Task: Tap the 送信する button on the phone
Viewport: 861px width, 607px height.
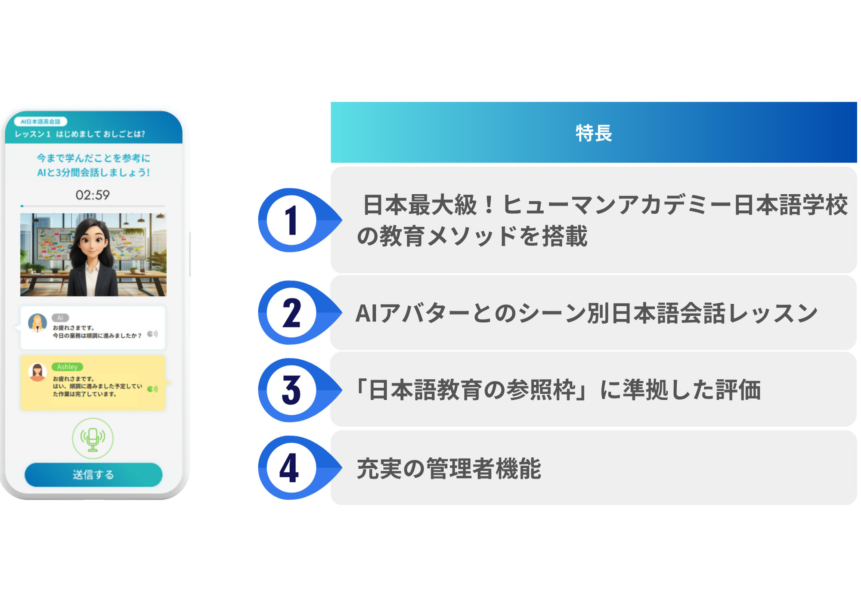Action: pos(93,475)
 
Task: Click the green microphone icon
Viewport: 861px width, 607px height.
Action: pos(93,439)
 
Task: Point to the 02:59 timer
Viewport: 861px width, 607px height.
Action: pos(93,195)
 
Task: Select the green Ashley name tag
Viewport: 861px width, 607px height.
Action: pos(67,367)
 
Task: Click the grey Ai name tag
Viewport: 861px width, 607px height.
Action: pos(60,318)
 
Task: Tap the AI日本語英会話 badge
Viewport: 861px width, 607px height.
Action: pos(41,122)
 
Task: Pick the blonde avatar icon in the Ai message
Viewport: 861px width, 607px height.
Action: pos(37,323)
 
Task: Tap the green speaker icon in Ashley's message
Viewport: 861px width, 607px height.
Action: pos(152,389)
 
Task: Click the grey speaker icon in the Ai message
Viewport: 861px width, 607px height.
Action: pos(152,334)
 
